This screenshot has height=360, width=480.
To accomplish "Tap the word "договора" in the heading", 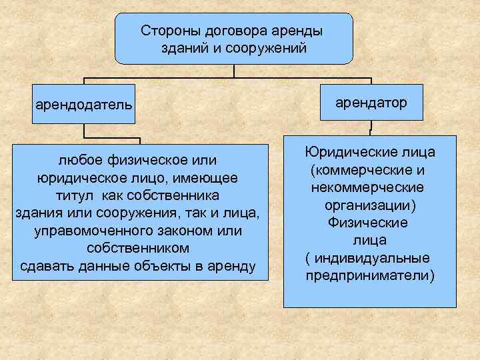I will point(235,31).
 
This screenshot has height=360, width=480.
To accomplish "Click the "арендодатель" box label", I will point(84,105).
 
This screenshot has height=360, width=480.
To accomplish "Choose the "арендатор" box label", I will point(371,101).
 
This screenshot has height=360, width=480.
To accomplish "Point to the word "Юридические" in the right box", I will point(351,153).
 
